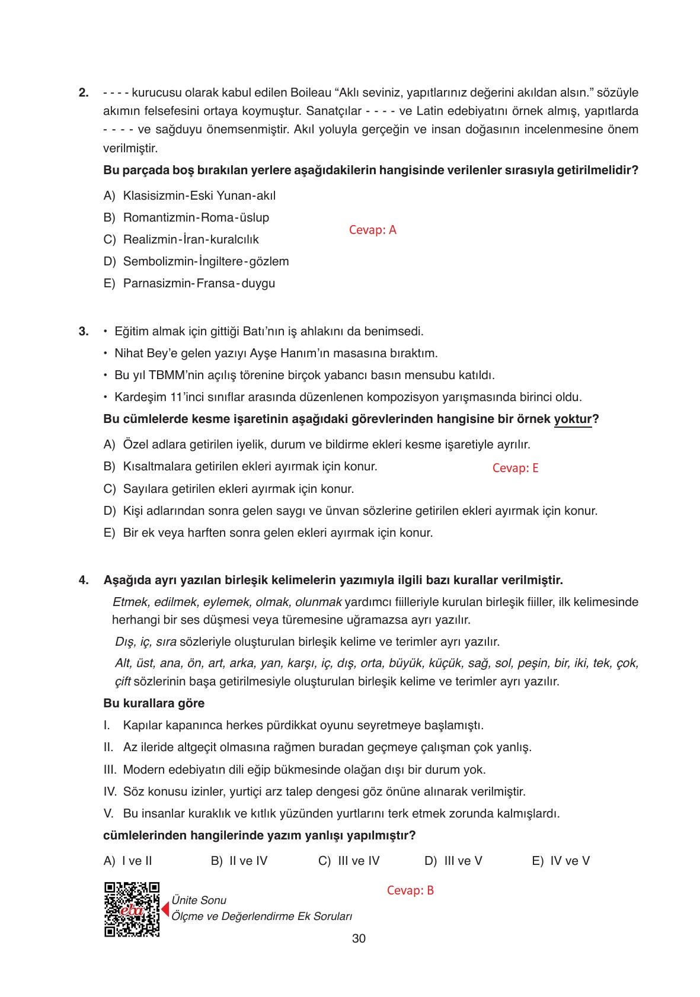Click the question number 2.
(x=84, y=93)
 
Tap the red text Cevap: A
(x=372, y=230)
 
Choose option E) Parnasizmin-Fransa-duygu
(x=190, y=283)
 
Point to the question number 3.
(x=84, y=331)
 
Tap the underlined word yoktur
(x=573, y=419)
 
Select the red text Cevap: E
(x=515, y=468)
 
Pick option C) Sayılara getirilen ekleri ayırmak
(x=228, y=489)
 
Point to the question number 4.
(x=84, y=579)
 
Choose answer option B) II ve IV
(x=239, y=861)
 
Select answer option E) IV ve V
(x=561, y=861)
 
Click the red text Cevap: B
(x=410, y=890)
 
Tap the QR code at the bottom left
(x=132, y=909)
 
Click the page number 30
(x=359, y=938)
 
